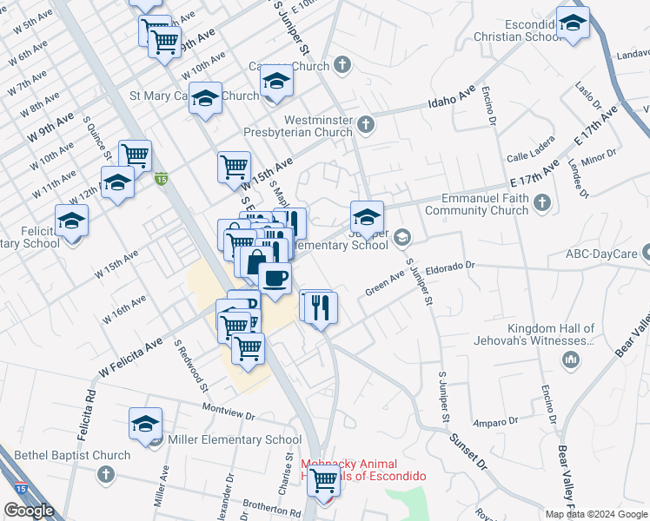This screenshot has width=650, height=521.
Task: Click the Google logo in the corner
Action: pos(29,511)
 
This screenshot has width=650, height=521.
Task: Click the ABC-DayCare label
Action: pos(602,254)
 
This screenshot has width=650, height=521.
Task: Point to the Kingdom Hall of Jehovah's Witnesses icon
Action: pos(572,359)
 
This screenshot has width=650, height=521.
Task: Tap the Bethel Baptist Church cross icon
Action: pos(105,474)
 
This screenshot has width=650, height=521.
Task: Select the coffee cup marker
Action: pos(275,279)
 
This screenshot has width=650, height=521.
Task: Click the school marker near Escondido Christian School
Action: pos(573,23)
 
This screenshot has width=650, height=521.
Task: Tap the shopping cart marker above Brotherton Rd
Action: pos(324,479)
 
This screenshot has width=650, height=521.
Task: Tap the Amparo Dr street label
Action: pos(496,422)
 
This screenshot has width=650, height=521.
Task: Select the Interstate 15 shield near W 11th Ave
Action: pos(161,179)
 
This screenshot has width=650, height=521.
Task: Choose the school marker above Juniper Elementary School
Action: pos(367,217)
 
